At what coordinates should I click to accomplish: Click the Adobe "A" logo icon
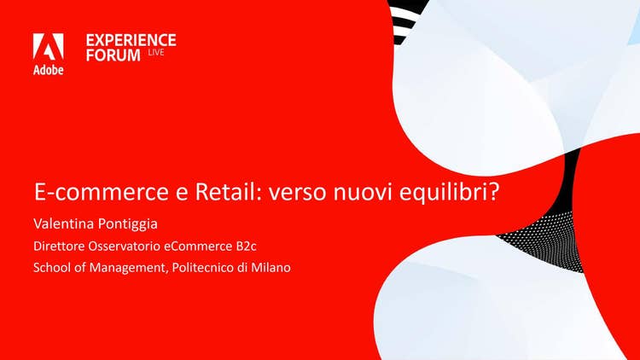coord(48,47)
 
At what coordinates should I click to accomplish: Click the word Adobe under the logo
coord(48,70)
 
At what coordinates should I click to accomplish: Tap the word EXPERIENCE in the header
coord(131,40)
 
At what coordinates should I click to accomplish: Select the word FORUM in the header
coord(113,55)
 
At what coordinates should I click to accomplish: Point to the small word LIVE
coord(156,52)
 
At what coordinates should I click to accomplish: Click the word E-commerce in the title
coord(102,192)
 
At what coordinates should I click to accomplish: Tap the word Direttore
coord(59,247)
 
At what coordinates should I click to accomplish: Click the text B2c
coord(246,247)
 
